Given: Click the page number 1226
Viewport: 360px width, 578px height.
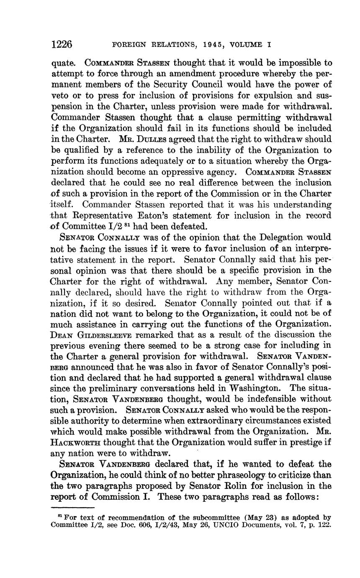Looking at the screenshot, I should click(x=62, y=44).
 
